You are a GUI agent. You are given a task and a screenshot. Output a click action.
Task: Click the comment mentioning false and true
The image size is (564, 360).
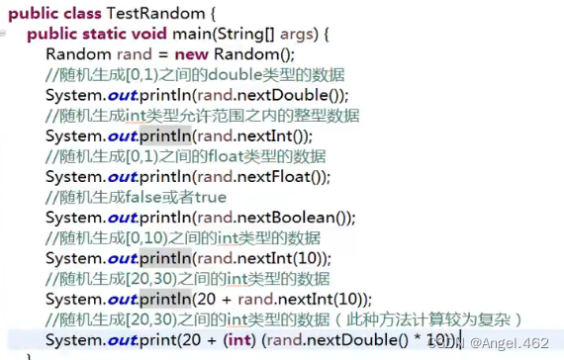point(136,198)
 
